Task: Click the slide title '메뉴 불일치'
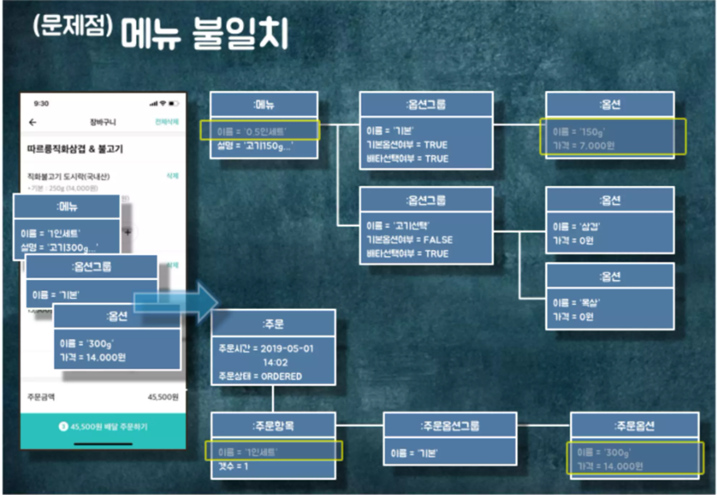204,34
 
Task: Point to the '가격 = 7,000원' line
584,146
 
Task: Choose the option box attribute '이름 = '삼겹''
576,226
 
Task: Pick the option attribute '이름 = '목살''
576,303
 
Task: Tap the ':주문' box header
273,324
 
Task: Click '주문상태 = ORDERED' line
260,376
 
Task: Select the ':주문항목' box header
273,426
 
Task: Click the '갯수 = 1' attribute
233,466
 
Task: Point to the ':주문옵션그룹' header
450,426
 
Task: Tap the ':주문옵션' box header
634,426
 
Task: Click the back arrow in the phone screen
33,122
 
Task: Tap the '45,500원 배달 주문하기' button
103,427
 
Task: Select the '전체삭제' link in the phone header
166,122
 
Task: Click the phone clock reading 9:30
41,104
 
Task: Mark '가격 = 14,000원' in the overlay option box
93,357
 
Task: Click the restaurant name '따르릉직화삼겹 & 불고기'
75,149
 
